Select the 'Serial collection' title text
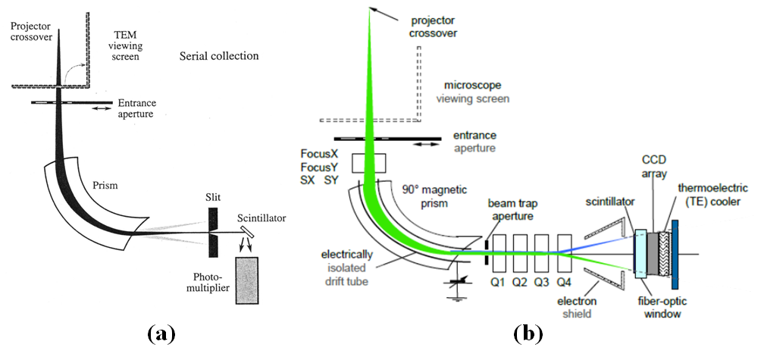point(219,56)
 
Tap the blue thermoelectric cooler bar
point(675,250)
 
